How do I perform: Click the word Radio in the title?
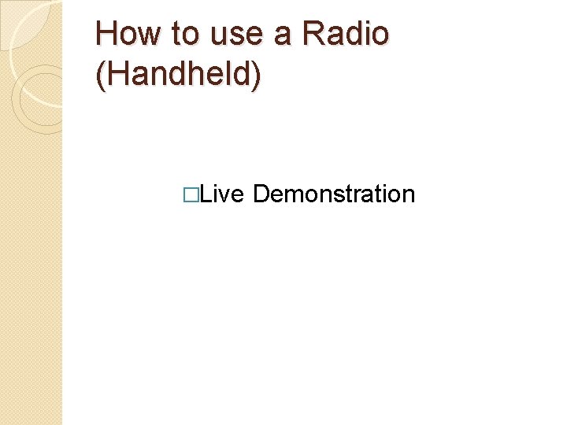(x=344, y=34)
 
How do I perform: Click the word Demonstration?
(x=334, y=194)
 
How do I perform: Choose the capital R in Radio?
(x=313, y=34)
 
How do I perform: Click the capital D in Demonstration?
(x=261, y=194)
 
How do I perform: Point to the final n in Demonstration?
(x=409, y=195)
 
